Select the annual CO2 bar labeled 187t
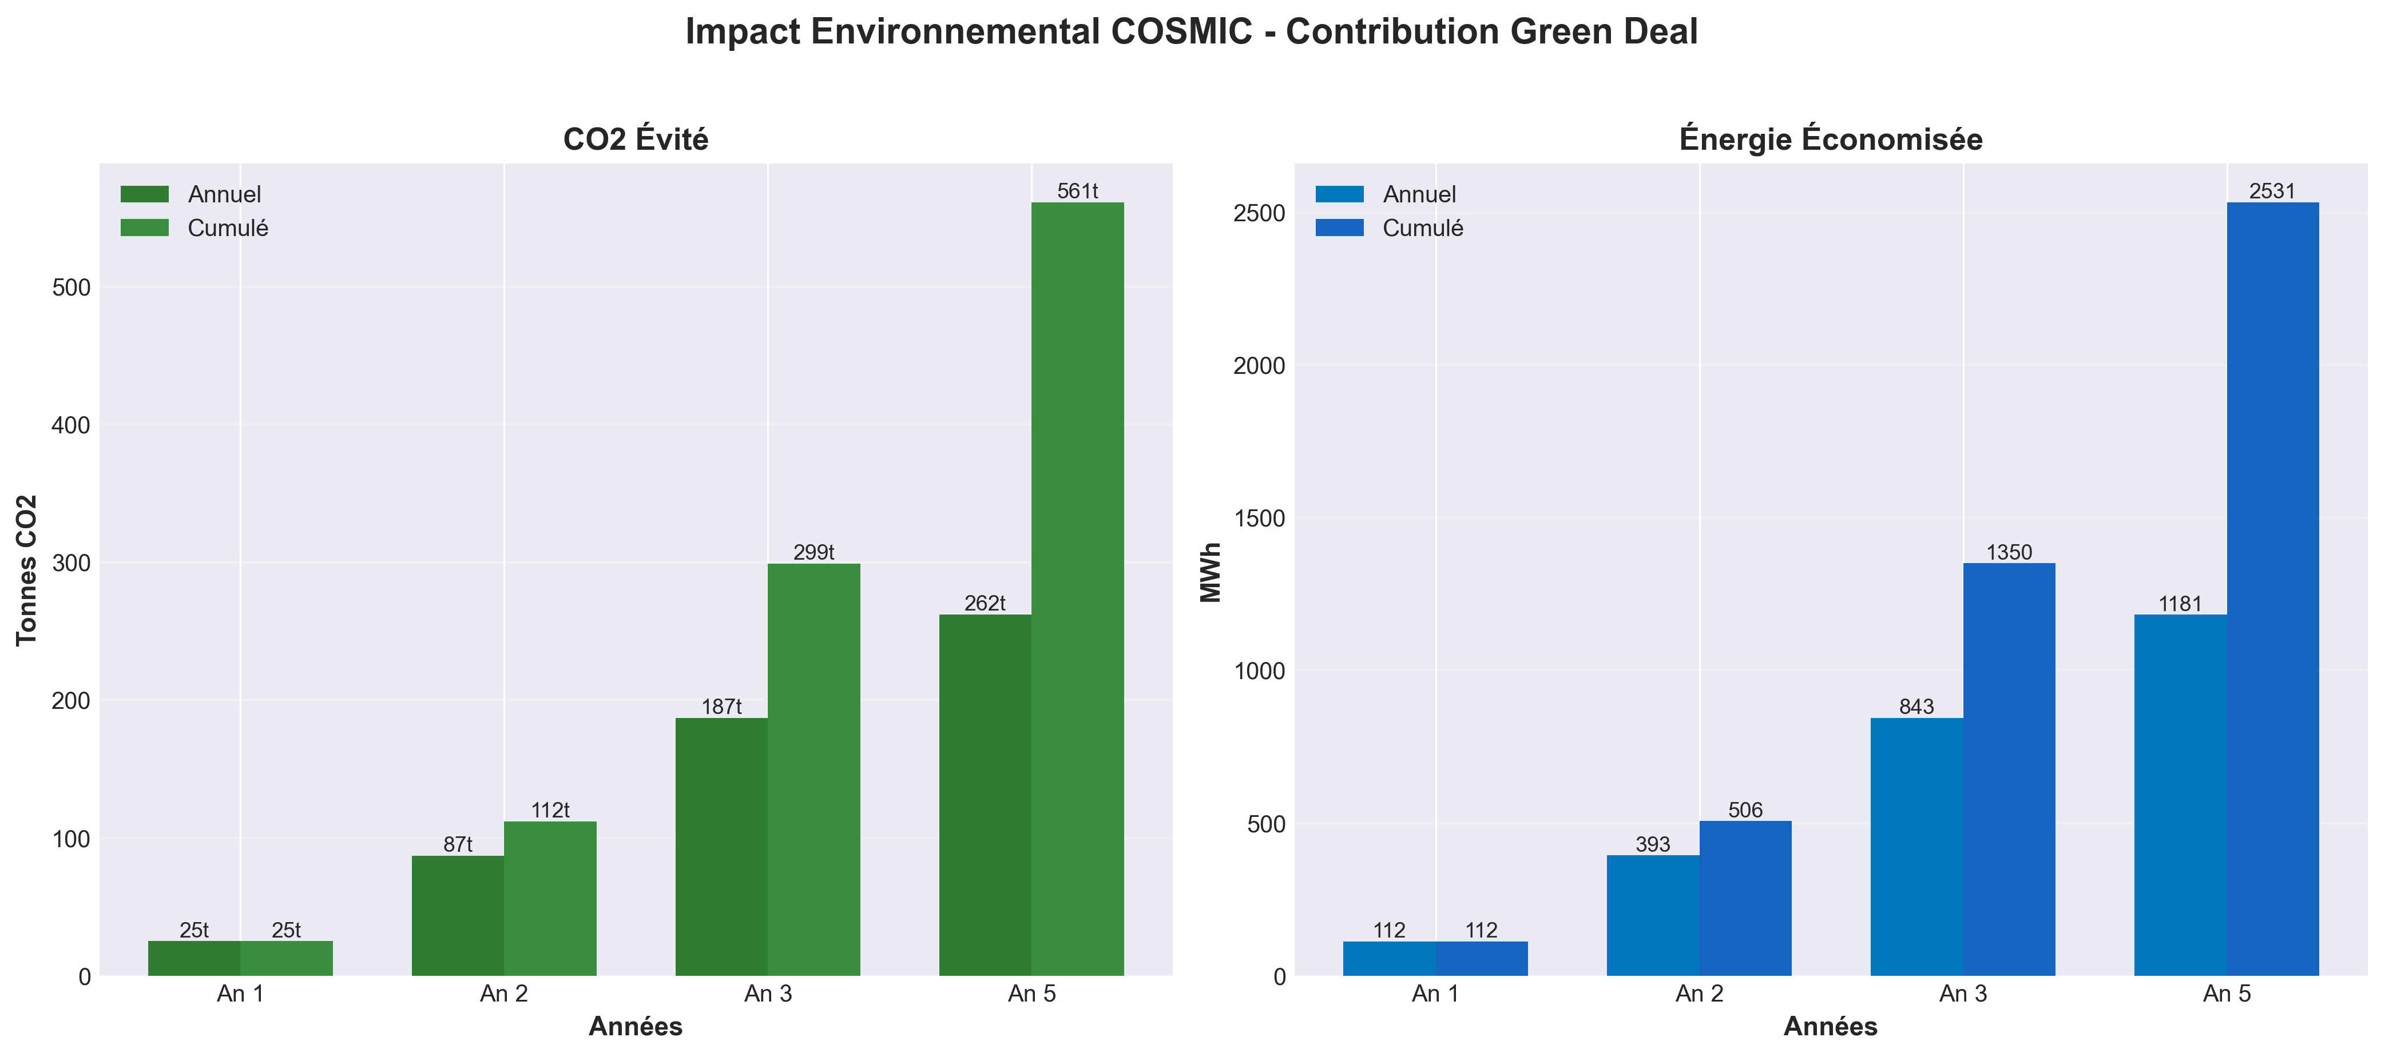tap(721, 846)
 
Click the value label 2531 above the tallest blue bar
tap(2272, 192)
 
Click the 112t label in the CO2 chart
tap(550, 810)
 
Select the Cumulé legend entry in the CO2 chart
tap(227, 228)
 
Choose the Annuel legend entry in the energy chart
tap(1418, 194)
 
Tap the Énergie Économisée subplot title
tap(1831, 139)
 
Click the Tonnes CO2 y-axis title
tap(27, 569)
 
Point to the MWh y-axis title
tap(1211, 572)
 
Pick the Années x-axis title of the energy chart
tap(1831, 1027)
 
